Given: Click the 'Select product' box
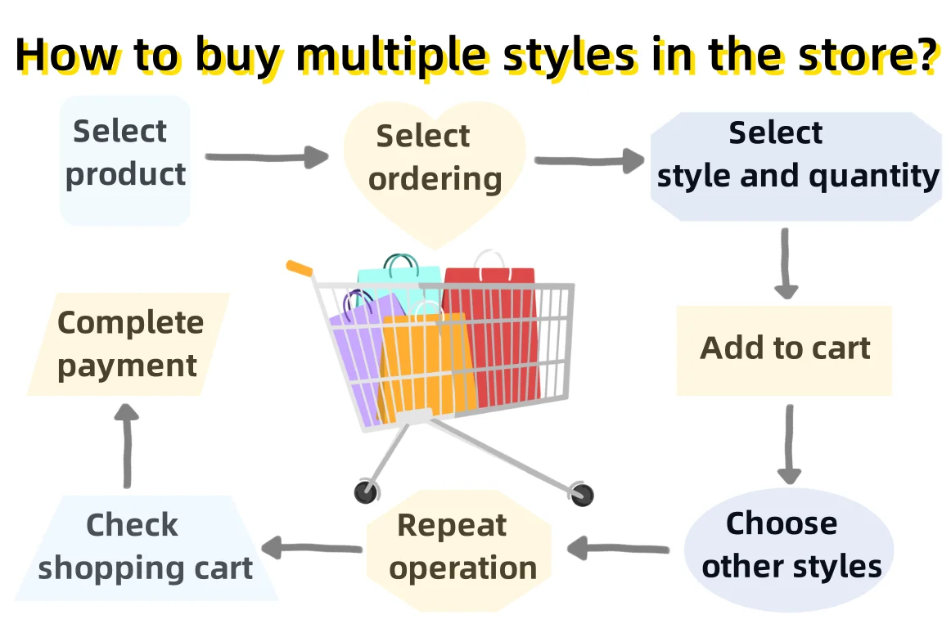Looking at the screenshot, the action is point(125,159).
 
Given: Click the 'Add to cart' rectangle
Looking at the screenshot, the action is point(784,350).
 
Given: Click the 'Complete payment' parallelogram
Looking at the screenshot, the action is point(128,344).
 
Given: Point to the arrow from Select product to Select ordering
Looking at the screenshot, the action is point(267,156).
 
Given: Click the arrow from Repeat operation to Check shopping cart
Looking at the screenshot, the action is point(312,548).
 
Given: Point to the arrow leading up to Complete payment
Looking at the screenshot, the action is point(126,447).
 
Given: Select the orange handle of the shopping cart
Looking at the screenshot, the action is point(299,267).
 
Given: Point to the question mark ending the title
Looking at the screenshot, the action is point(924,54).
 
